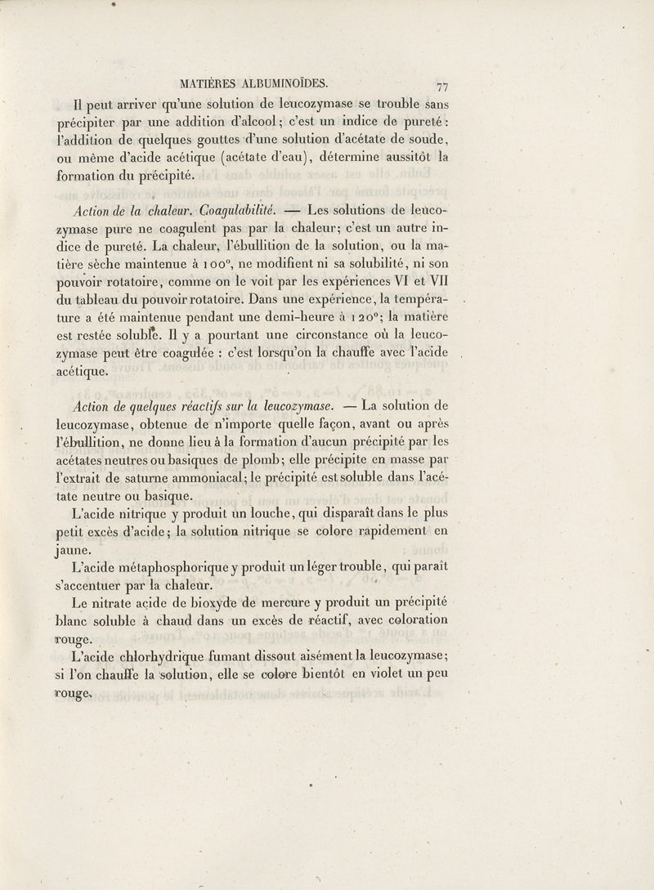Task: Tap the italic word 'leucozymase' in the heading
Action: [288, 405]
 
